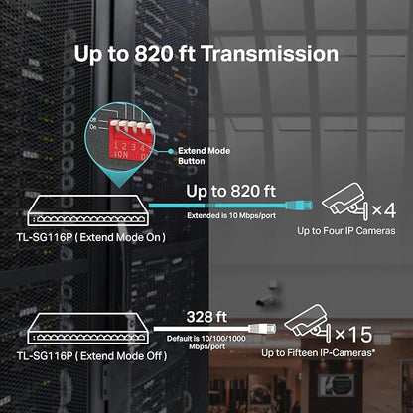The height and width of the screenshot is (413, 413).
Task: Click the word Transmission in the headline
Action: (x=269, y=54)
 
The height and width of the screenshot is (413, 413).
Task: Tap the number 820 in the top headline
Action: (x=154, y=54)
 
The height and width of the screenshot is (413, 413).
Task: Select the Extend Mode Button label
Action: (x=204, y=156)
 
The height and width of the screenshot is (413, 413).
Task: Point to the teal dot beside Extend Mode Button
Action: (x=171, y=151)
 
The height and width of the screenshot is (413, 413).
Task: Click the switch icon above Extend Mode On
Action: (x=88, y=210)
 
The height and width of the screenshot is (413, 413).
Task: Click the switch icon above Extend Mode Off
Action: (x=88, y=329)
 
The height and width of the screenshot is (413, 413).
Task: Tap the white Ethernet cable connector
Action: (x=262, y=328)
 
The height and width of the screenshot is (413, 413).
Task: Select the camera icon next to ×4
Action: (x=344, y=201)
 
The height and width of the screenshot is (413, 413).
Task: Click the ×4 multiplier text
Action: (x=384, y=209)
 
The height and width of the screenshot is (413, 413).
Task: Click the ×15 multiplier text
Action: (x=353, y=334)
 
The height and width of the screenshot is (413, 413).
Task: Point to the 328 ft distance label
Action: (x=206, y=317)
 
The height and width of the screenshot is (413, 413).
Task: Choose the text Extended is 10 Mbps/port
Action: (x=231, y=215)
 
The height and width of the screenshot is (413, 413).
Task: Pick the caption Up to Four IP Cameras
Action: (x=346, y=231)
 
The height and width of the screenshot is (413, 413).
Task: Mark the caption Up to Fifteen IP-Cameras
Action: (x=319, y=353)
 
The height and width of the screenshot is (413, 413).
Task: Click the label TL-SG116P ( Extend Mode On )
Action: (x=91, y=237)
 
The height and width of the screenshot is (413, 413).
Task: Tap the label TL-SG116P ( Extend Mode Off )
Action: (x=91, y=356)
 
